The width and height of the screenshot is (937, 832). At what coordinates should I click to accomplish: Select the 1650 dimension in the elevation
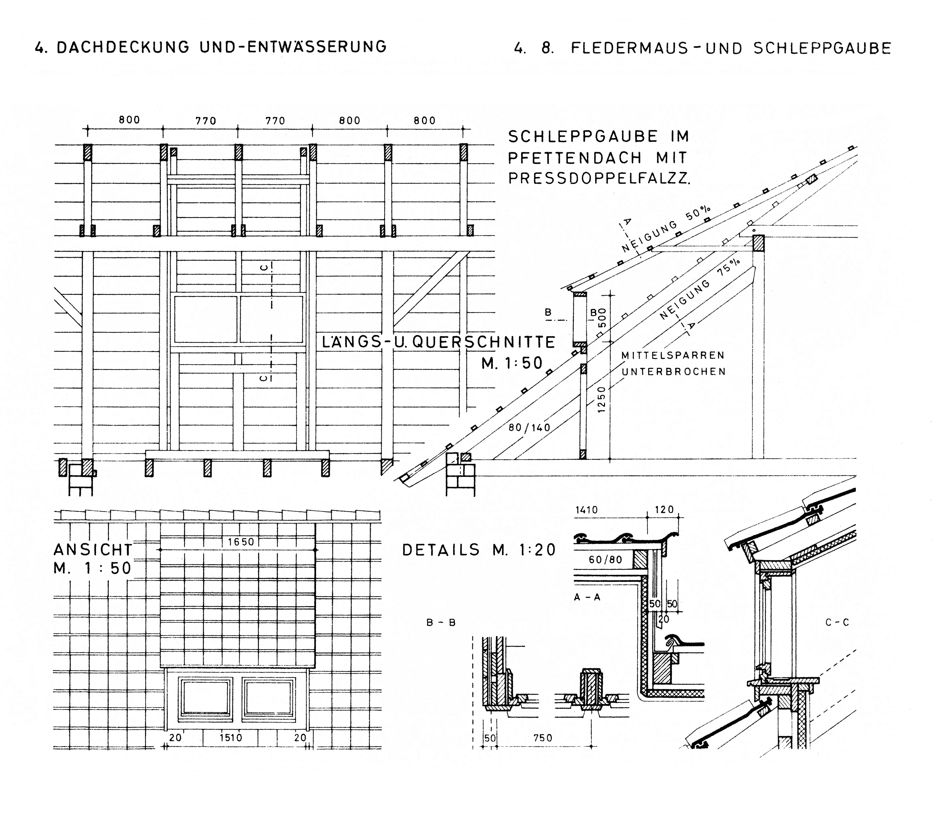[241, 542]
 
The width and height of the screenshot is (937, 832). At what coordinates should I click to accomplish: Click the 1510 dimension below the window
[231, 738]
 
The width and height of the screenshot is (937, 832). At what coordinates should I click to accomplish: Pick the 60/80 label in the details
[606, 560]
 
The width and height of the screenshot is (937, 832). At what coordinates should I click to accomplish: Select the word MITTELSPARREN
[673, 355]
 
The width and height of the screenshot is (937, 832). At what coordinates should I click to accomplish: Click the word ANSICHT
[93, 550]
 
